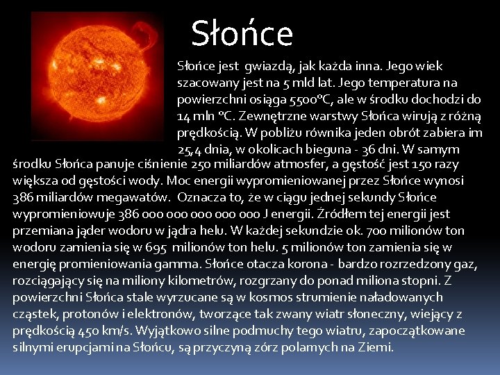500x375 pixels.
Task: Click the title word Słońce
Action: click(242, 33)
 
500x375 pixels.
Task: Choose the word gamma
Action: click(179, 263)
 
